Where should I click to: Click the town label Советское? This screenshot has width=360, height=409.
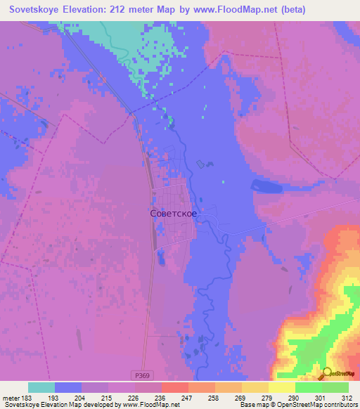[173, 213]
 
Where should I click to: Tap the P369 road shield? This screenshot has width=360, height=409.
[141, 376]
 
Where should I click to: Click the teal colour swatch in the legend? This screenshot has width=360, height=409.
[41, 387]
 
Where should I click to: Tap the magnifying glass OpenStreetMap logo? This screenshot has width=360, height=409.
[328, 373]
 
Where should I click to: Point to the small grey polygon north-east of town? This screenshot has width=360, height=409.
[201, 164]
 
